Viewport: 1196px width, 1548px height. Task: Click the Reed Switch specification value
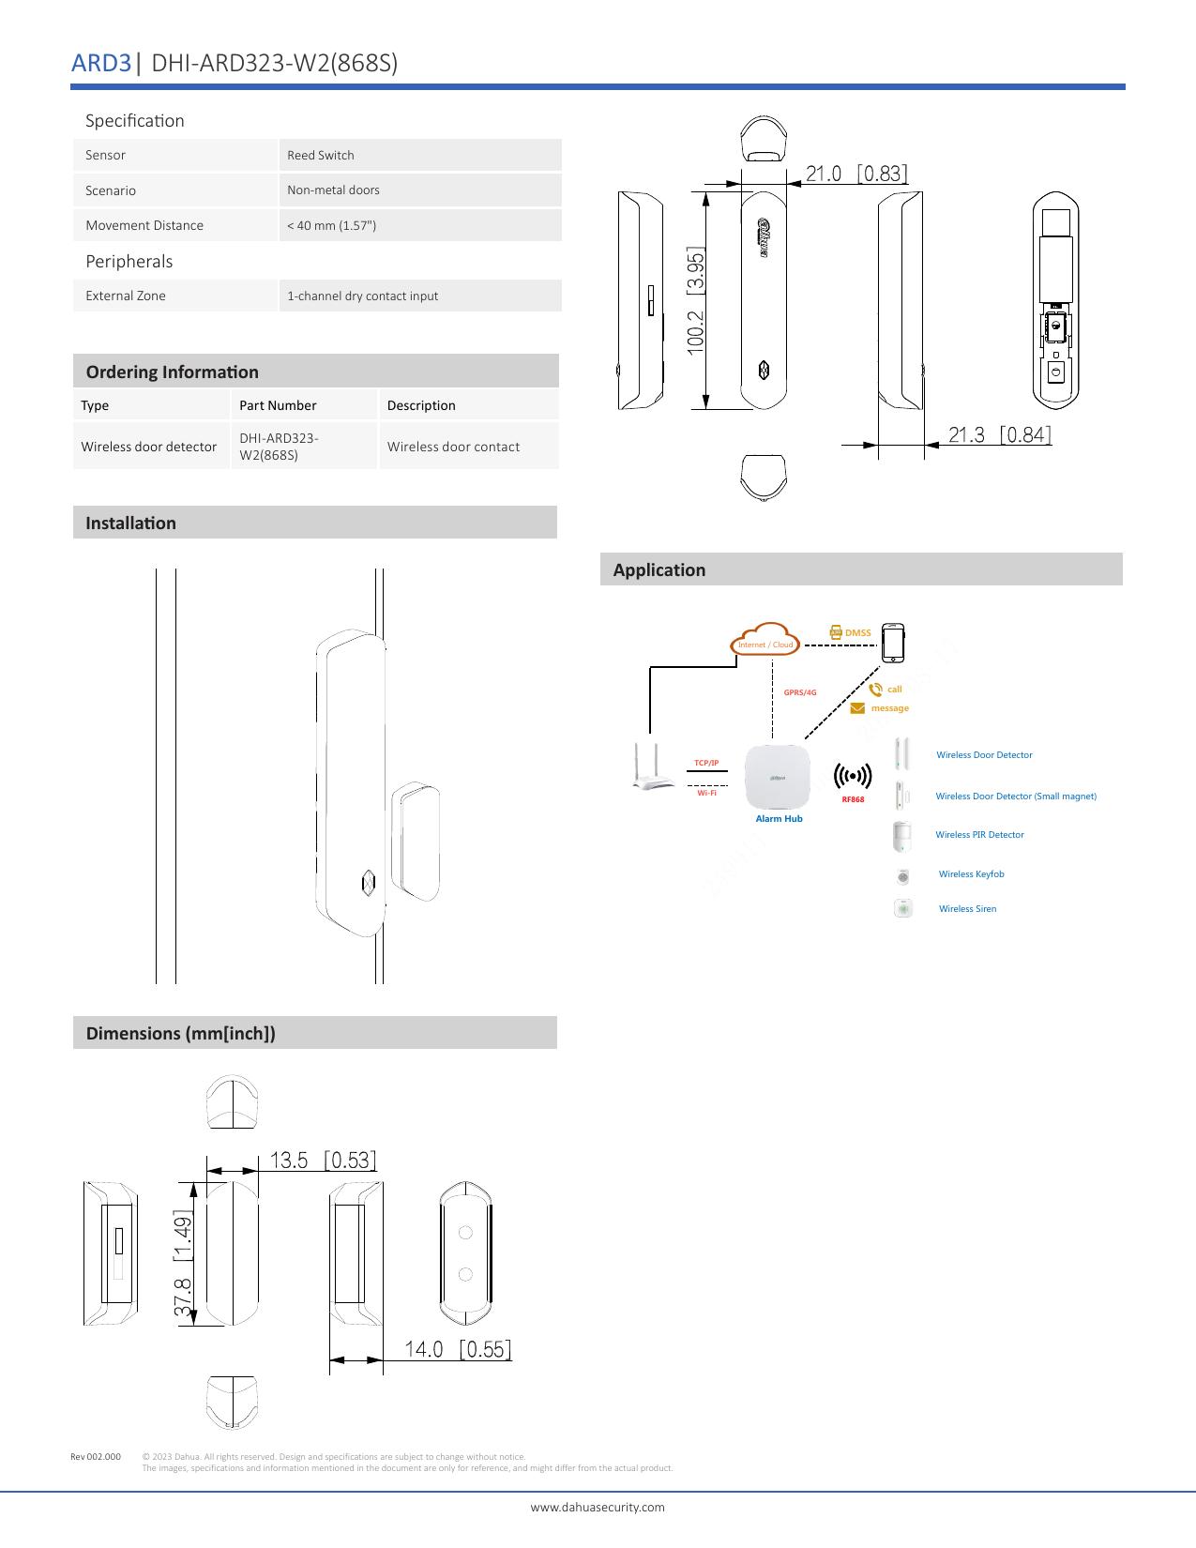[321, 156]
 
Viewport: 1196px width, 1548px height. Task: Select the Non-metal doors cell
[333, 190]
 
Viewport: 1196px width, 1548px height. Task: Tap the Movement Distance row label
[144, 225]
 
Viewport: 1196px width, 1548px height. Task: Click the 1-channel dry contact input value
[362, 296]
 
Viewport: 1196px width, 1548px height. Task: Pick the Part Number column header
[278, 405]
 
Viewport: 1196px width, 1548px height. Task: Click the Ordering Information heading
[172, 372]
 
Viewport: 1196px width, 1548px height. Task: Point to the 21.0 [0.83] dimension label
[856, 174]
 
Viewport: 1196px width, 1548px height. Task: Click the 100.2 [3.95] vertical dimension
[695, 300]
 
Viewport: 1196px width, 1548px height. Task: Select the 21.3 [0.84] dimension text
[999, 434]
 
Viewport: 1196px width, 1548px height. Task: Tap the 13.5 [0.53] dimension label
[323, 1161]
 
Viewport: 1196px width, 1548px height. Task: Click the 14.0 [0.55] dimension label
[458, 1349]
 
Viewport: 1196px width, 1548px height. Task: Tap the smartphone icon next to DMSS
[894, 643]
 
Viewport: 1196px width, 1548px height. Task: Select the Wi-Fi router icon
[653, 766]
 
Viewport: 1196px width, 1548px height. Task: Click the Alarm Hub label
[779, 819]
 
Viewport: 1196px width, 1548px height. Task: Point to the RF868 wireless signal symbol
[853, 777]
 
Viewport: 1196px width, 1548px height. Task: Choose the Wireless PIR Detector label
[979, 835]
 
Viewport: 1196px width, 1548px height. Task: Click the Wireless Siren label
[967, 909]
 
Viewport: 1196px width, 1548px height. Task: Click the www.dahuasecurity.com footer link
[598, 1507]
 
